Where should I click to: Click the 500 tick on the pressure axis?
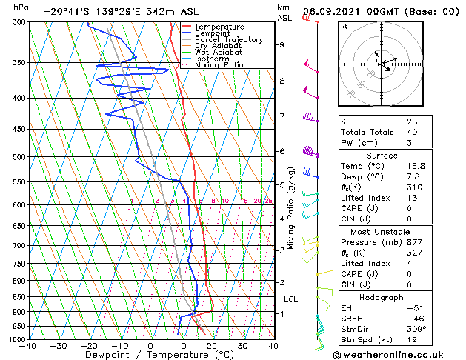click(19, 157)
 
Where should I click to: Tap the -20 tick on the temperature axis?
click(89, 345)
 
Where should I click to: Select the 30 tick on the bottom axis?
click(242, 345)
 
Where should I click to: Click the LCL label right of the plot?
click(290, 299)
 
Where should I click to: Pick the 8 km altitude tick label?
click(282, 81)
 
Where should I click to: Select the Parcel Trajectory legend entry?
click(228, 40)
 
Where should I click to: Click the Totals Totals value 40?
click(413, 133)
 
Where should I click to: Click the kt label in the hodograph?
click(344, 27)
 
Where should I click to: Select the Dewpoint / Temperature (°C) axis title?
click(151, 355)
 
